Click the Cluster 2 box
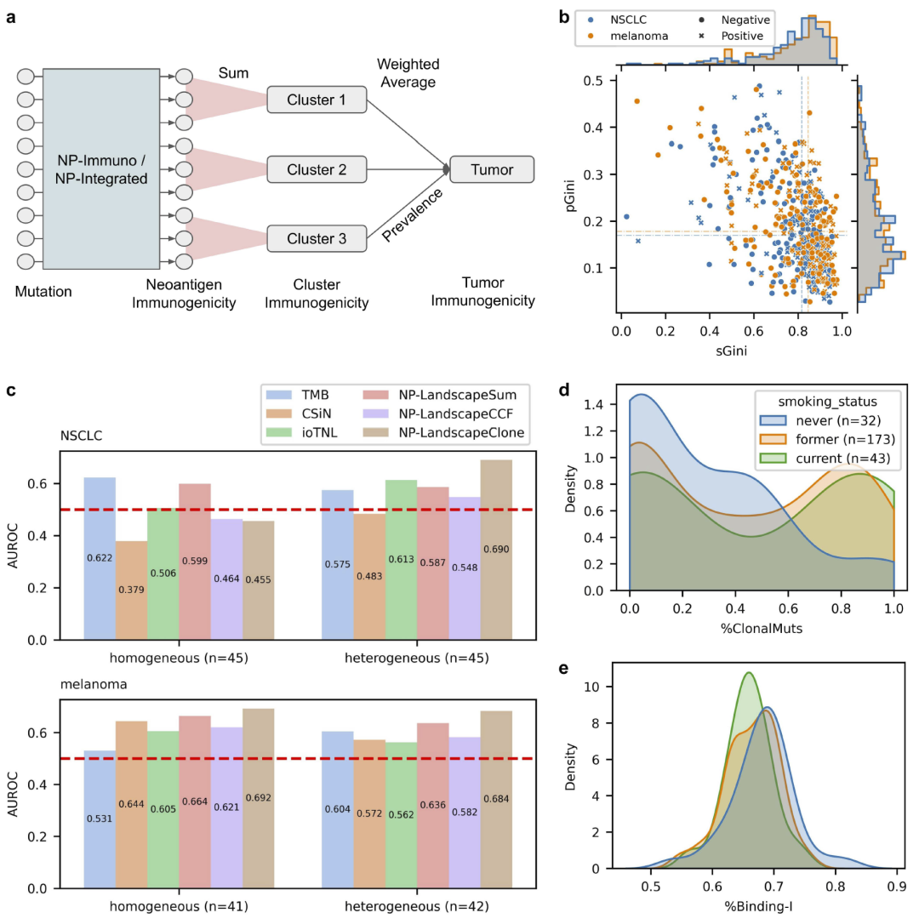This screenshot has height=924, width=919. pyautogui.click(x=317, y=170)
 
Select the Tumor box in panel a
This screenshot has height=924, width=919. pyautogui.click(x=492, y=170)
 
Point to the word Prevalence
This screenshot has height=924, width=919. pyautogui.click(x=414, y=215)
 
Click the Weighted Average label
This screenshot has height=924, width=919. pyautogui.click(x=408, y=73)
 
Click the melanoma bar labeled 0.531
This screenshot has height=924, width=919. pyautogui.click(x=100, y=818)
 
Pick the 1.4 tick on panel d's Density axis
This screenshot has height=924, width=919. pyautogui.click(x=607, y=405)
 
